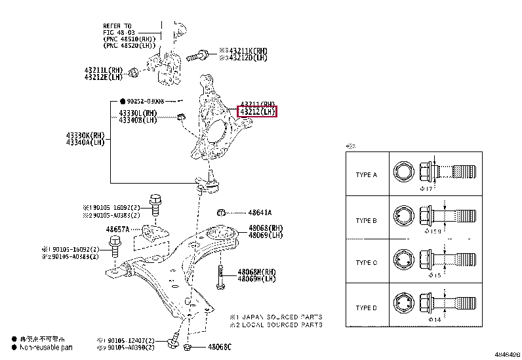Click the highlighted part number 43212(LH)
click(257, 112)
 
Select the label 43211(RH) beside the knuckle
click(257, 104)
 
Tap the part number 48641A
click(260, 212)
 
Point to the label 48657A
click(119, 230)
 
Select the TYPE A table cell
click(366, 175)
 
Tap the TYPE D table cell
click(366, 308)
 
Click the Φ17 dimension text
click(428, 190)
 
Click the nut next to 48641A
click(223, 212)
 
